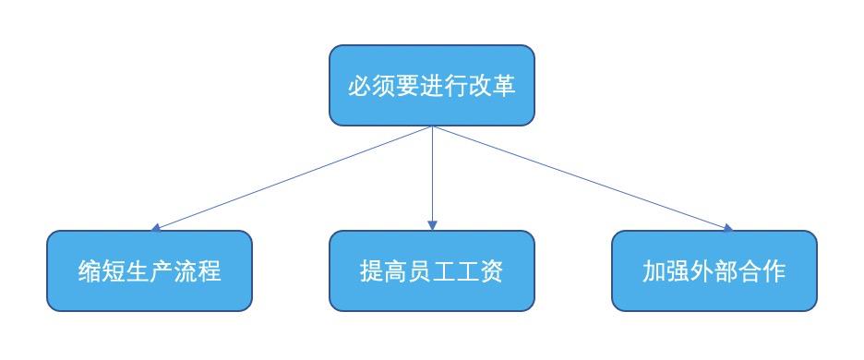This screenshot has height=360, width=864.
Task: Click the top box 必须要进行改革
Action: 432,85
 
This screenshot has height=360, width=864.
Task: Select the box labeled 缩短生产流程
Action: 150,270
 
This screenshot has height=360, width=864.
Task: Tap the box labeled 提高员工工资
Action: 432,270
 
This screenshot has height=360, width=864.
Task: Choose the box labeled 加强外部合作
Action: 714,270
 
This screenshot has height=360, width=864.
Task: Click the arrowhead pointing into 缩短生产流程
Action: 157,226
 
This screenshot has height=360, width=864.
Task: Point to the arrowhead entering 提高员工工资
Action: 432,226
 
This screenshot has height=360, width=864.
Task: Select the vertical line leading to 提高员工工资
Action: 432,175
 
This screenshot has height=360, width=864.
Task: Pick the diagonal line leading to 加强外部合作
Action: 582,176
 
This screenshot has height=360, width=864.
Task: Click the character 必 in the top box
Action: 359,87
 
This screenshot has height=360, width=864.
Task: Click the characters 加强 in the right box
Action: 666,272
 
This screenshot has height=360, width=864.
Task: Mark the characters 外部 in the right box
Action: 714,272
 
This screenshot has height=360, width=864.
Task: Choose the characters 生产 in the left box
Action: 150,272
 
